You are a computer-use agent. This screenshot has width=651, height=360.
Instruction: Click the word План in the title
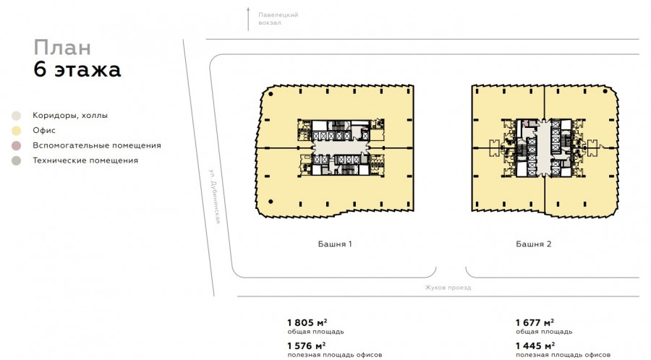[62, 48]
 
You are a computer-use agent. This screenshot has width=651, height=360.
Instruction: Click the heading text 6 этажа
[77, 69]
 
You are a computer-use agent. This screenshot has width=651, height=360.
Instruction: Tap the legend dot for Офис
[16, 131]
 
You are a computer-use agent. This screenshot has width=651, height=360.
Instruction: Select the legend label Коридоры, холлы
[70, 115]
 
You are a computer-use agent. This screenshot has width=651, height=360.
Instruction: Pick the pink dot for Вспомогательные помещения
[16, 145]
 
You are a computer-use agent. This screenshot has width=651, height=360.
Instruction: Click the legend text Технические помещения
[85, 160]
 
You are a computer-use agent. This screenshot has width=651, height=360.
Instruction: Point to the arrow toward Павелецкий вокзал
[248, 19]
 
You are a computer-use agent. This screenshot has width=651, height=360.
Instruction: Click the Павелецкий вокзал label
[278, 19]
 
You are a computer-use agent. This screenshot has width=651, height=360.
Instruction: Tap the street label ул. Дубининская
[215, 196]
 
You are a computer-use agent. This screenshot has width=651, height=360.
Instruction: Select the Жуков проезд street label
[448, 288]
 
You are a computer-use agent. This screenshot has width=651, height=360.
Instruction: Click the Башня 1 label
[335, 244]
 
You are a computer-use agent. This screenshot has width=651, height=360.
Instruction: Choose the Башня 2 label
[534, 244]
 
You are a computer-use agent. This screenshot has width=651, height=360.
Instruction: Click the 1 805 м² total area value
[307, 322]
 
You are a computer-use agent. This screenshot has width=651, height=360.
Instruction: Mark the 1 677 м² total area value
[535, 322]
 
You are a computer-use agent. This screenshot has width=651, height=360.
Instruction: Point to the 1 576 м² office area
[307, 346]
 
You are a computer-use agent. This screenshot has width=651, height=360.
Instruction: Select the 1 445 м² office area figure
[535, 346]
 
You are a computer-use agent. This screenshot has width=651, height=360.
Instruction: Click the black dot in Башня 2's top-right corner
[605, 91]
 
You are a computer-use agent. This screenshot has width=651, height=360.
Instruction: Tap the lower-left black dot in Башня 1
[271, 202]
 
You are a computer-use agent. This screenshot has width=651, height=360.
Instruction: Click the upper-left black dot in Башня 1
[271, 94]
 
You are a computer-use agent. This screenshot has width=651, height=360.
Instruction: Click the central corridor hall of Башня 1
[341, 147]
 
